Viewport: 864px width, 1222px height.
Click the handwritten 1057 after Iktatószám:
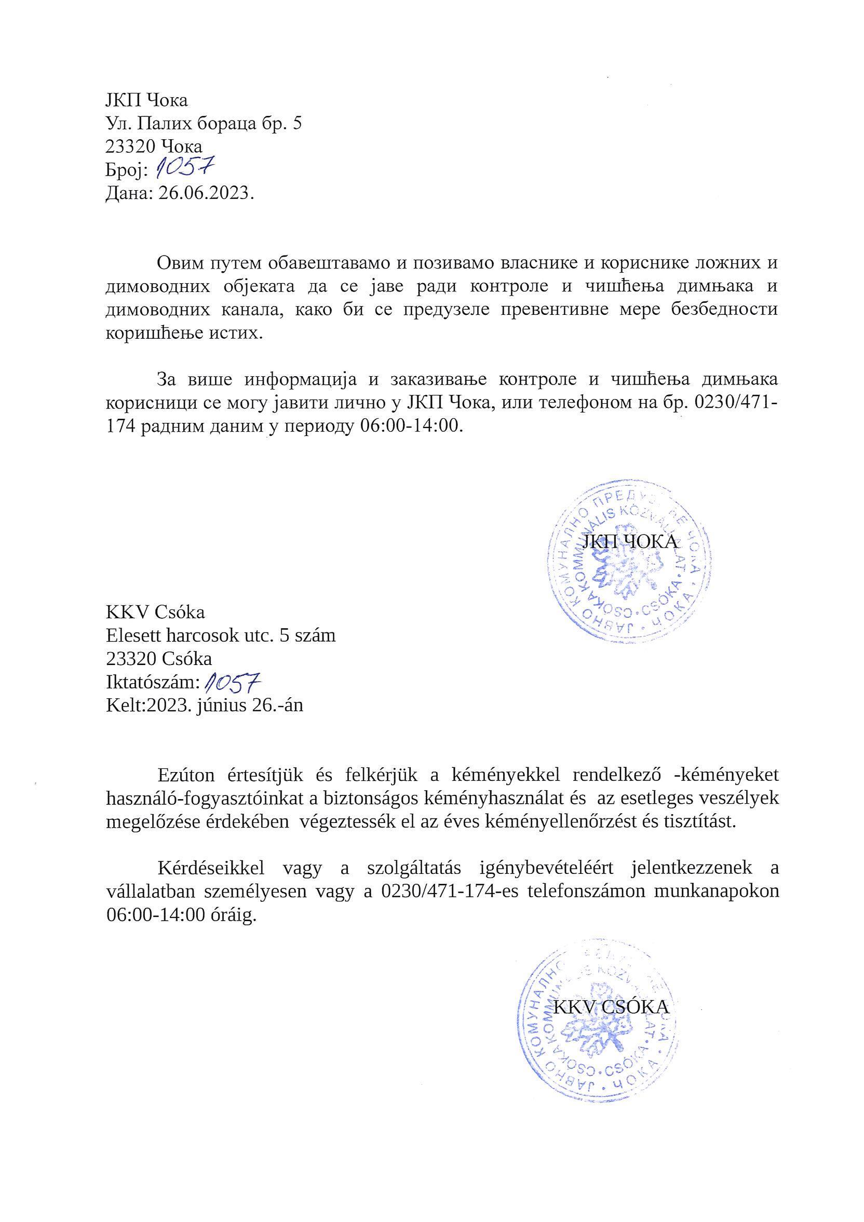coord(235,682)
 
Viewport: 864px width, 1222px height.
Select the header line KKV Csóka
coord(155,612)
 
